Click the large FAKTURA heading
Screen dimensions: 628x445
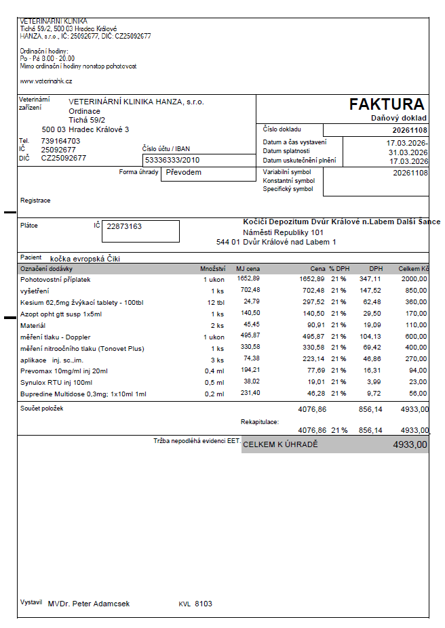(387, 104)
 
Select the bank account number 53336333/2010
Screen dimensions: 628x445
(173, 161)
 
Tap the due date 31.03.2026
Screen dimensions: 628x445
(408, 152)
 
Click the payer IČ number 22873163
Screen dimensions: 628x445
(125, 226)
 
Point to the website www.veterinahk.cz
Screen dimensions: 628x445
(46, 81)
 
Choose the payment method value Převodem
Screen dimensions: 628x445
(185, 172)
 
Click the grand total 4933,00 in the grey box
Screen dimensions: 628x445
(410, 445)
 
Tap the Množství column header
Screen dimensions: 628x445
(212, 269)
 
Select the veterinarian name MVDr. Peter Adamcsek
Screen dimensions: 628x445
(89, 604)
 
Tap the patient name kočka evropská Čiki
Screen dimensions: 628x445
(89, 258)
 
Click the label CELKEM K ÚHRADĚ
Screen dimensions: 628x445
(280, 445)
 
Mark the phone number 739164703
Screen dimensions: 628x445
(60, 141)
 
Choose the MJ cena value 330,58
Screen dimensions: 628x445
(248, 348)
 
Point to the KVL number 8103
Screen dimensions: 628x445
(204, 604)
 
